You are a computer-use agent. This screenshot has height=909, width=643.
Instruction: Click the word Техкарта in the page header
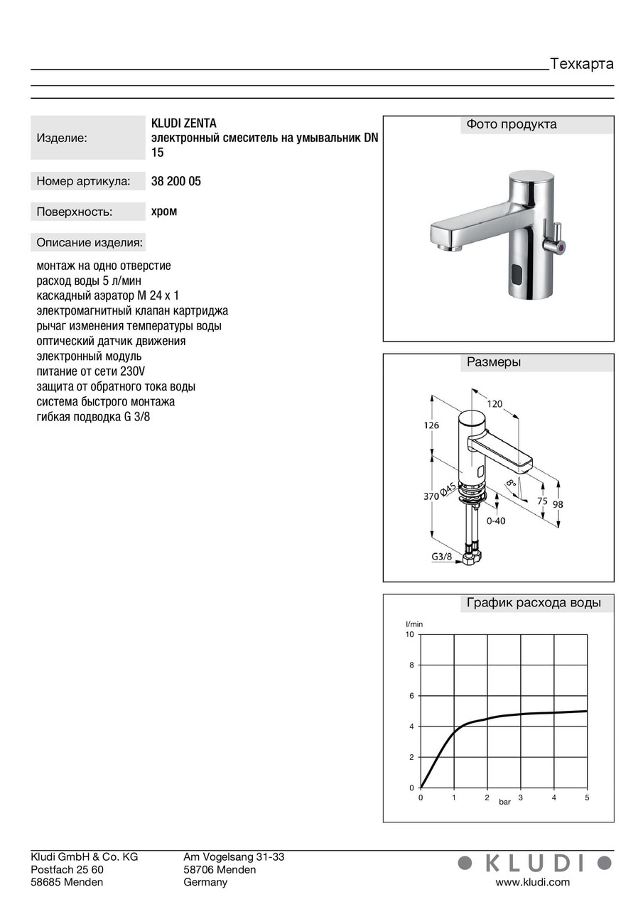581,64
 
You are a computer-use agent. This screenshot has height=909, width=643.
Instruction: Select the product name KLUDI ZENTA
184,124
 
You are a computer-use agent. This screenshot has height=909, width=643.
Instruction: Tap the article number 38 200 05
176,181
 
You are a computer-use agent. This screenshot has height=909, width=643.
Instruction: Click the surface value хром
164,211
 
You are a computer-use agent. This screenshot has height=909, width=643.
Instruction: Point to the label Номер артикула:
83,182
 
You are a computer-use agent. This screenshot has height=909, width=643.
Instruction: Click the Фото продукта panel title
512,125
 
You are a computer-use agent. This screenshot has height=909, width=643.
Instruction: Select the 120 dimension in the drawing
495,404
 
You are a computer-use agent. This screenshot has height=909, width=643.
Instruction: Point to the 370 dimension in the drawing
431,497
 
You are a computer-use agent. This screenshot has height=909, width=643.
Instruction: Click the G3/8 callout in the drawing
441,557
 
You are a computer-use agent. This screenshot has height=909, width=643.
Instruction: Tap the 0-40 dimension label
496,521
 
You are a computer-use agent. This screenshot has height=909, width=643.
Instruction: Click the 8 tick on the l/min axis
411,665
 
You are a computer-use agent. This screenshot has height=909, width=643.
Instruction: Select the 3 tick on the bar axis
521,798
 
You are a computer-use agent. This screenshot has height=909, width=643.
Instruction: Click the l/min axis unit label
414,624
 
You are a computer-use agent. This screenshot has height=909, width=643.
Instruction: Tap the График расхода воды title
534,604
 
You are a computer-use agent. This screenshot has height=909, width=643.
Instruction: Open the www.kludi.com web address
532,882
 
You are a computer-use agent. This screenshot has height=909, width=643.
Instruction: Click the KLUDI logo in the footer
534,863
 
